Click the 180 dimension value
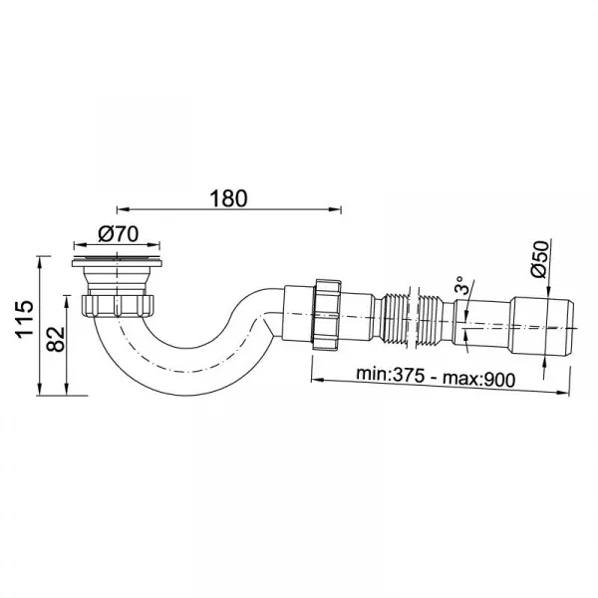[228, 198]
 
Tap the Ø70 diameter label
[119, 234]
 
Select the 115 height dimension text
[24, 319]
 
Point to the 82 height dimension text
[55, 339]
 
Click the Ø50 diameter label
[539, 259]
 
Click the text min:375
[390, 375]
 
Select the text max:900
[478, 379]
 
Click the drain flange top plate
[118, 262]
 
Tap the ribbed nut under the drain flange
[118, 305]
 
